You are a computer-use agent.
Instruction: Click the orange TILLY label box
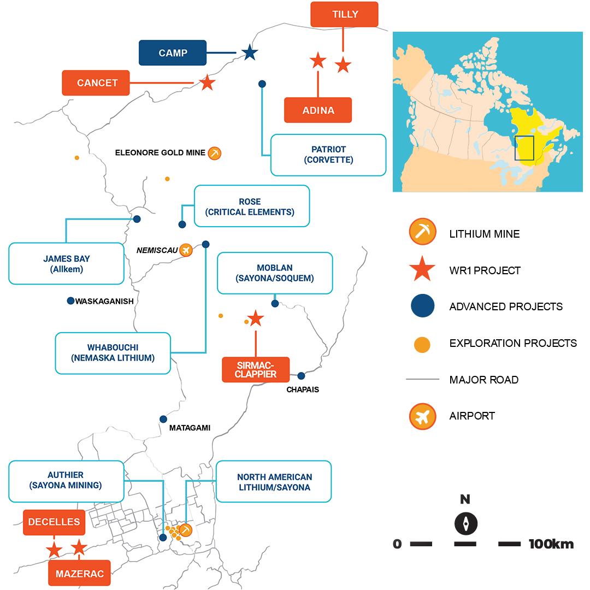tap(344, 14)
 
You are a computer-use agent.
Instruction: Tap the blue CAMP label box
tap(173, 53)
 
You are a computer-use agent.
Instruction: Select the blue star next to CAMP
tap(250, 52)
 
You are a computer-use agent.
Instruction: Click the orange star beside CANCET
tap(206, 82)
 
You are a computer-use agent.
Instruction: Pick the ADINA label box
tap(318, 110)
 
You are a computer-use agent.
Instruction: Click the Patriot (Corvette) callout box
tap(328, 155)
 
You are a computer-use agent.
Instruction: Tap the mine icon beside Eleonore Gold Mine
tap(215, 153)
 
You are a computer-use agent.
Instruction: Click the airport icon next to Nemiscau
tap(186, 250)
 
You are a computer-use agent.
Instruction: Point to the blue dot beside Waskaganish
tap(70, 300)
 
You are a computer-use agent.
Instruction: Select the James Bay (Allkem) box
tap(67, 264)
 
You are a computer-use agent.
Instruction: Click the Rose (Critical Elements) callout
tap(252, 206)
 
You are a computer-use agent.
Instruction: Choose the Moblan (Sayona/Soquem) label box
tap(274, 273)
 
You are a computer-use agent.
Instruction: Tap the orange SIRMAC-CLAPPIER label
tap(256, 369)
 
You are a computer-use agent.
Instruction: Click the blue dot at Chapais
tap(301, 375)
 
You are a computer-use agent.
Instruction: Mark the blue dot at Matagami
tap(163, 419)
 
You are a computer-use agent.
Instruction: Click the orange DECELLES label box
tap(55, 522)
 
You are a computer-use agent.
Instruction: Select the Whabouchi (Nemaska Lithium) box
tap(113, 353)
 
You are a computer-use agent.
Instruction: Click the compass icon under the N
tap(465, 523)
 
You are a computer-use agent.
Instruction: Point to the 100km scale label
tap(551, 544)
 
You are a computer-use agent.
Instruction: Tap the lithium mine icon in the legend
tap(422, 232)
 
